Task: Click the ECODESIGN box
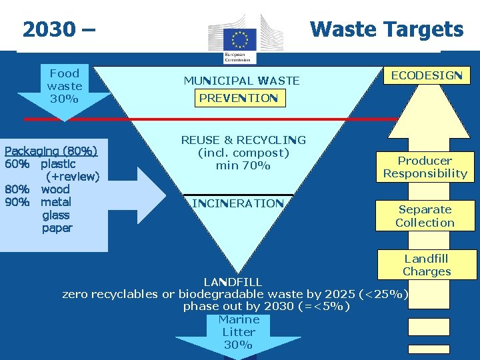point(427,75)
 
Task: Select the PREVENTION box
point(238,99)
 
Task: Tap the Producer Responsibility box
point(425,167)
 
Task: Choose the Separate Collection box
point(425,216)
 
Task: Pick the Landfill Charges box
point(427,265)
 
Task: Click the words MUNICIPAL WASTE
point(241,81)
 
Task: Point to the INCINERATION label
point(238,203)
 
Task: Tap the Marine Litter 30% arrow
point(238,333)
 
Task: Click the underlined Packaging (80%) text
point(51,151)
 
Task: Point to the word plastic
point(58,164)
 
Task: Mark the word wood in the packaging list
point(55,189)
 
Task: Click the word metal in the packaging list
point(56,202)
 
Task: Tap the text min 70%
point(243,165)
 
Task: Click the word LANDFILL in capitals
point(233,282)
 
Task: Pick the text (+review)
point(73,177)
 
